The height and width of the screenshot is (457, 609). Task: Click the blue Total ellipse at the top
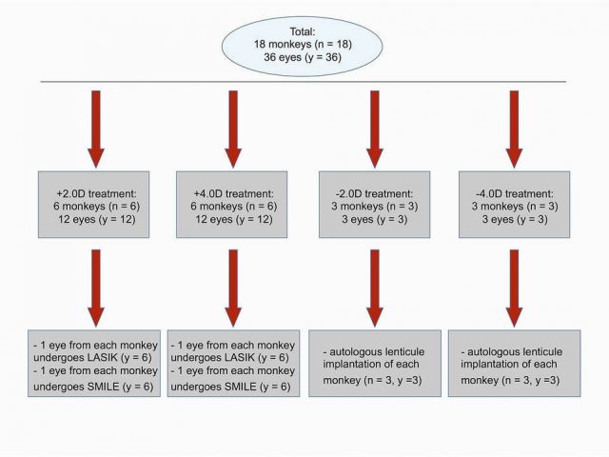[303, 46]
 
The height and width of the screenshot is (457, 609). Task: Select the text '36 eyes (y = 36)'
[303, 57]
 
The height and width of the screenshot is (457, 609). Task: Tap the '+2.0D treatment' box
[93, 205]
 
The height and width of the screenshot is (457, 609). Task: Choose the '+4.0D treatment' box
[232, 205]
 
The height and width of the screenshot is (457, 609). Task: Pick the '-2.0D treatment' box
[374, 205]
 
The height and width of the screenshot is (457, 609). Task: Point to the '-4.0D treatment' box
[514, 205]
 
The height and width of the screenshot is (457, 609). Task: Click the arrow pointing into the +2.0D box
[96, 129]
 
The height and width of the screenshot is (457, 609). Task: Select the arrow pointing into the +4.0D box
[233, 129]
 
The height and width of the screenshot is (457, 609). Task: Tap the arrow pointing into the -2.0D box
[375, 129]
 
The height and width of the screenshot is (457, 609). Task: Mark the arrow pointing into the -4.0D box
[514, 129]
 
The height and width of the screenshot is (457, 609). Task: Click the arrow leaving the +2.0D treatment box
[96, 288]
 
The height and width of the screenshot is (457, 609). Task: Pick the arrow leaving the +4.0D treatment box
[233, 288]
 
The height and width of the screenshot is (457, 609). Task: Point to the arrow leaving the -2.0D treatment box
[375, 288]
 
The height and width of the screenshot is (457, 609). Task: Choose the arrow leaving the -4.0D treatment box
[514, 288]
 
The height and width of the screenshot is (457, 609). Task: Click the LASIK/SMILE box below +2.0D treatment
[94, 364]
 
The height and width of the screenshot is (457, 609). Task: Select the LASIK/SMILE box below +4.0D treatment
[233, 364]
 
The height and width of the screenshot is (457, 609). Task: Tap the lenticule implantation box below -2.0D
[375, 364]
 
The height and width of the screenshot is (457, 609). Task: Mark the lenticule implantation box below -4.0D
[514, 364]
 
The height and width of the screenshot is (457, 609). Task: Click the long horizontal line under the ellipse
[304, 82]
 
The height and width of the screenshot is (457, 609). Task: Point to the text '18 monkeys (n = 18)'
[303, 45]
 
